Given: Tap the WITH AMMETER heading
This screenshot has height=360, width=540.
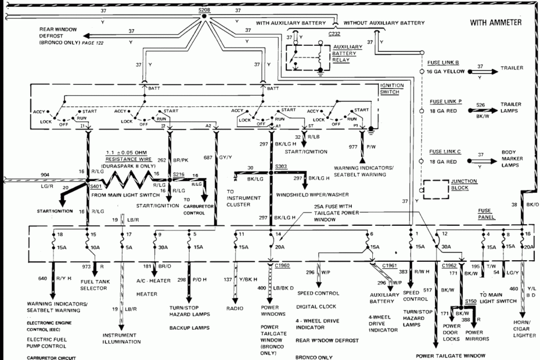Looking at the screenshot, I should pyautogui.click(x=496, y=23).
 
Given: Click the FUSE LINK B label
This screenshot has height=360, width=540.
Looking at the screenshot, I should pyautogui.click(x=444, y=62).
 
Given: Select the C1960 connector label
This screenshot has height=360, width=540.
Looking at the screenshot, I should pyautogui.click(x=283, y=265).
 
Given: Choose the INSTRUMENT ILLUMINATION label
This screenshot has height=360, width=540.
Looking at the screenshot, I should pyautogui.click(x=121, y=338).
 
